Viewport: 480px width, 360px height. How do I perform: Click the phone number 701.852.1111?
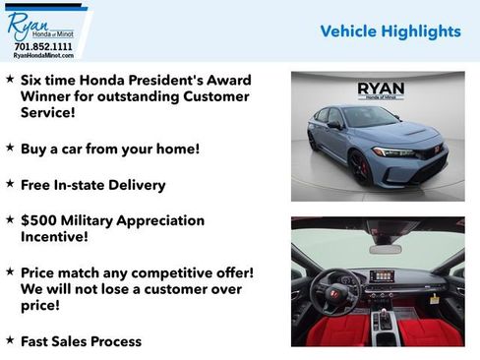[x=42, y=46]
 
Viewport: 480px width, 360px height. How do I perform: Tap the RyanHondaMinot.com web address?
[x=42, y=56]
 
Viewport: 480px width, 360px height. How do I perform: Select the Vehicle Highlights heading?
[x=390, y=31]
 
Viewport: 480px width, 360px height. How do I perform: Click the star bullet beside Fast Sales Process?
[x=10, y=340]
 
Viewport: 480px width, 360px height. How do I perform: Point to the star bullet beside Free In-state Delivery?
[x=10, y=184]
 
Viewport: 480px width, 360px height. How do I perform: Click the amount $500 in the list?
[x=39, y=220]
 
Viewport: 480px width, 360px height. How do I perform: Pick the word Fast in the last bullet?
[x=38, y=341]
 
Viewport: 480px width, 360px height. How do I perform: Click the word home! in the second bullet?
[x=176, y=149]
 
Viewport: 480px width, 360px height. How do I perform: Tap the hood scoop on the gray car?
[x=409, y=132]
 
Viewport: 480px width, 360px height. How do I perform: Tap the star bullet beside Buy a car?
[x=10, y=148]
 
